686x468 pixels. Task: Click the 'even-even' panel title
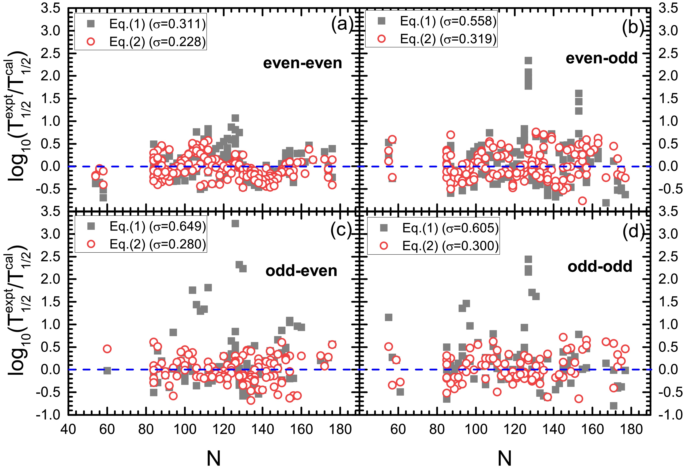tap(303, 63)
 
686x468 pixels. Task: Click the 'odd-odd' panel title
tap(600, 267)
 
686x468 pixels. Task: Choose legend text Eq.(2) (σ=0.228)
tap(157, 42)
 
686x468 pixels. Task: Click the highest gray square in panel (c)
tap(235, 224)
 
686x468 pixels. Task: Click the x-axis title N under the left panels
tap(213, 458)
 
